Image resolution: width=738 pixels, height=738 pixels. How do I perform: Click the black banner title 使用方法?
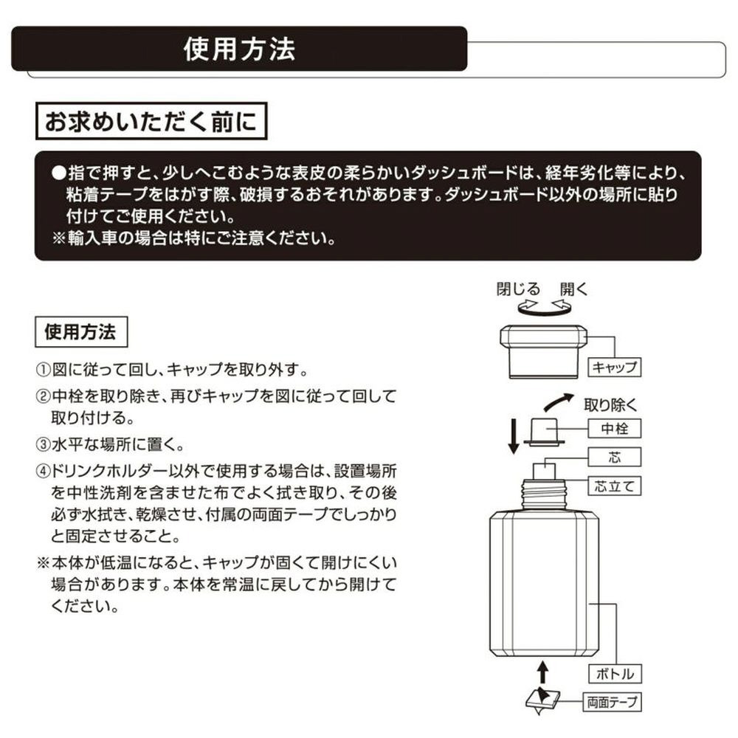click(239, 49)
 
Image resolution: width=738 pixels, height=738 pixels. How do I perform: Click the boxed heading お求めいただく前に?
click(151, 121)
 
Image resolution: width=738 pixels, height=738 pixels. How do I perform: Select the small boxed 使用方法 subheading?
click(81, 332)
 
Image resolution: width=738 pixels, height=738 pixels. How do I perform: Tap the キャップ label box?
click(614, 367)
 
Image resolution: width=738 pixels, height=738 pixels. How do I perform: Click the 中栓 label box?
click(614, 428)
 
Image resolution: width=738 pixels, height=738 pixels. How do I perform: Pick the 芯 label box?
click(614, 457)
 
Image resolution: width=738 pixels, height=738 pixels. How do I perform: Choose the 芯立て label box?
click(614, 486)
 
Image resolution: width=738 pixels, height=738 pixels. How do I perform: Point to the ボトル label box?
click(615, 674)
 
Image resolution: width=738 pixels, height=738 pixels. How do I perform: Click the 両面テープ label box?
click(612, 703)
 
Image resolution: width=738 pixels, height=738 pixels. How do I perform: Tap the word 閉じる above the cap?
click(518, 289)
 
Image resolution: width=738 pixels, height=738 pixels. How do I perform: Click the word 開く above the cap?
click(573, 289)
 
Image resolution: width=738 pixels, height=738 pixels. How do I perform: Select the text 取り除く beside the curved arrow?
click(610, 404)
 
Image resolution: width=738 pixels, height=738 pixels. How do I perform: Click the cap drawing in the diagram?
click(544, 351)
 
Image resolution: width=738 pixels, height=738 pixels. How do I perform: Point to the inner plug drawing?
click(544, 432)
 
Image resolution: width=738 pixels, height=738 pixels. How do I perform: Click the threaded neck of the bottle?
click(544, 494)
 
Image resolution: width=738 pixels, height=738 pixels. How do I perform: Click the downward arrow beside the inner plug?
click(514, 436)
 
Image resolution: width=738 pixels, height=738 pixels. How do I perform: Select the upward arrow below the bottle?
click(543, 672)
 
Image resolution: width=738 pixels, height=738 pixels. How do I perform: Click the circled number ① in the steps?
click(43, 370)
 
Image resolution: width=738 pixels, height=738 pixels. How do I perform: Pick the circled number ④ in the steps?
click(43, 471)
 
